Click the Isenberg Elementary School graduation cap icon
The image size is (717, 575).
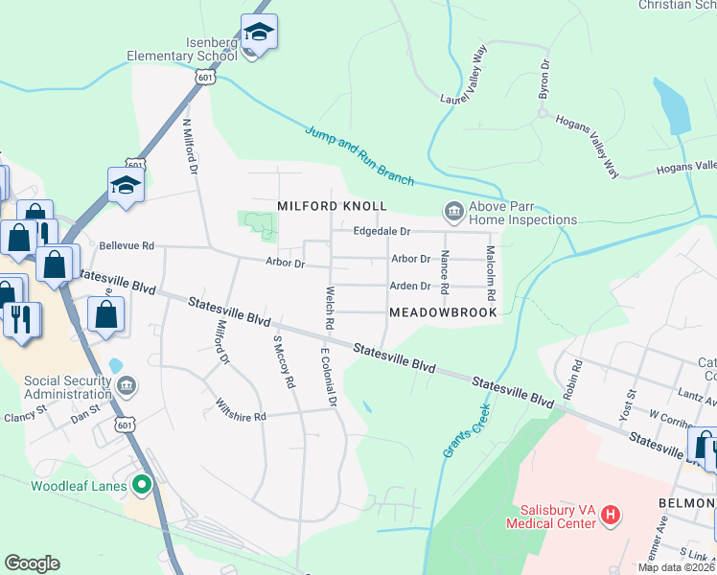pyautogui.click(x=258, y=33)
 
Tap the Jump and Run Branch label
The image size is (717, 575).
pyautogui.click(x=359, y=155)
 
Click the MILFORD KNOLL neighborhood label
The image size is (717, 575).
pyautogui.click(x=332, y=206)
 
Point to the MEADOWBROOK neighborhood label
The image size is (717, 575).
pyautogui.click(x=443, y=312)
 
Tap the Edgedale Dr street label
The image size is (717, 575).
pyautogui.click(x=382, y=231)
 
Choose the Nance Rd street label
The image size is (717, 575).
pyautogui.click(x=445, y=272)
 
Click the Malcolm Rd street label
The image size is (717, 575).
pyautogui.click(x=490, y=268)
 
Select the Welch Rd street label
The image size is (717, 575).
pyautogui.click(x=329, y=308)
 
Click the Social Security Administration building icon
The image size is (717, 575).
pyautogui.click(x=127, y=385)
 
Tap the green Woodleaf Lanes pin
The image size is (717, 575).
pyautogui.click(x=143, y=486)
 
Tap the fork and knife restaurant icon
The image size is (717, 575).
pyautogui.click(x=21, y=318)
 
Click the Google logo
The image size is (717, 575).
pyautogui.click(x=32, y=563)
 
